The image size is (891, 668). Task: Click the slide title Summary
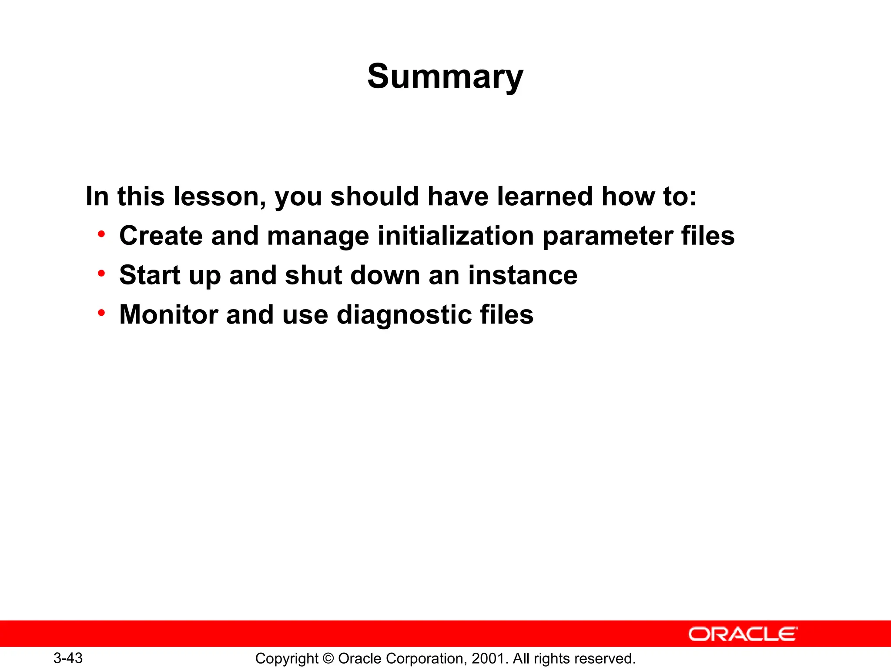tap(445, 77)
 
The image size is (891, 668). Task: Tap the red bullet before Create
tap(101, 234)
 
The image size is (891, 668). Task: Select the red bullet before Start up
tap(101, 274)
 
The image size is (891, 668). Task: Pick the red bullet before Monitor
tap(101, 313)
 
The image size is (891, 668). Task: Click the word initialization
tap(456, 236)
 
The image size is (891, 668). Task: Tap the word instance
tap(523, 275)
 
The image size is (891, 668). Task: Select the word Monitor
tap(168, 314)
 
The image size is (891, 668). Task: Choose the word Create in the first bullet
tap(161, 236)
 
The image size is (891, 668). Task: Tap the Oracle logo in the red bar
tap(743, 634)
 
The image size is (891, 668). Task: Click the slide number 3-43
tap(68, 658)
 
